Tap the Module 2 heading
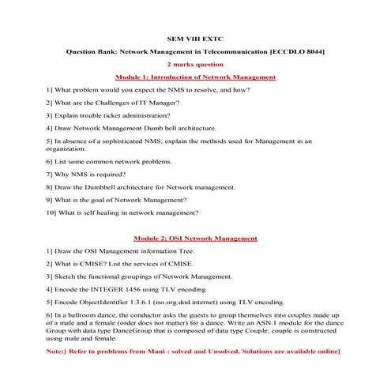pyautogui.click(x=195, y=238)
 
